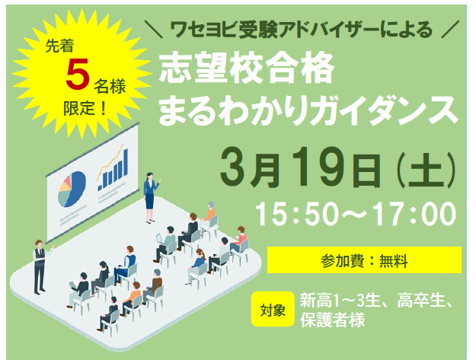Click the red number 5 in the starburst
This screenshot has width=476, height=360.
pos(78,74)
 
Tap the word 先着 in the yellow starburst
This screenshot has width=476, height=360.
pos(60,46)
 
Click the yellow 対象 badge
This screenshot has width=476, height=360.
pos(273,309)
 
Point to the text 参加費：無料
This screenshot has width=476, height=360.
pos(364,261)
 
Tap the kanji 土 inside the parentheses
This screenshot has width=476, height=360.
pos(425,170)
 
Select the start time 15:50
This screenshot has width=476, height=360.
pos(297,214)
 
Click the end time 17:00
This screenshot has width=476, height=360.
pos(415,214)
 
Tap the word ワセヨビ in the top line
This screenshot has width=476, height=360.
pos(203,30)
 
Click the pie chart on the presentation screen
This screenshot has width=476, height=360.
pos(72,189)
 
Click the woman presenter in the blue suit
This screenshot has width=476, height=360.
pos(150,197)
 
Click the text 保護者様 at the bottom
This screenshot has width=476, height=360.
pos(332,319)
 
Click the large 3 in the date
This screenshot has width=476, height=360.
pos(235,167)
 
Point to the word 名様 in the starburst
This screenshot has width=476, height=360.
pos(109,86)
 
